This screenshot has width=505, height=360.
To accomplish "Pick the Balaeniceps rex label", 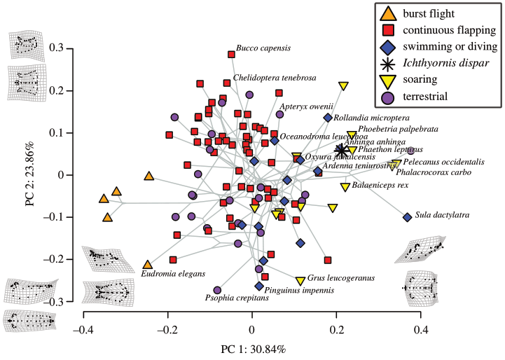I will click(382, 186).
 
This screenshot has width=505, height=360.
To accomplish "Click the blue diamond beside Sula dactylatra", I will click(407, 217).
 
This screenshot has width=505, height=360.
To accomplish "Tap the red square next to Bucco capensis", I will click(232, 55).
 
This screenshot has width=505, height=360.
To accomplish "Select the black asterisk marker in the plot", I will click(341, 150).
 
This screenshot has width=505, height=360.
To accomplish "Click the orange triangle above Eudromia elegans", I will click(148, 265).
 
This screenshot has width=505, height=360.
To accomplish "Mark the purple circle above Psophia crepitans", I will click(217, 290).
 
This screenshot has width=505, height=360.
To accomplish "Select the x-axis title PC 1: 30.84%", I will click(253, 349).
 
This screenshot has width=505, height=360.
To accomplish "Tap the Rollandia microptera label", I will click(371, 118).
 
